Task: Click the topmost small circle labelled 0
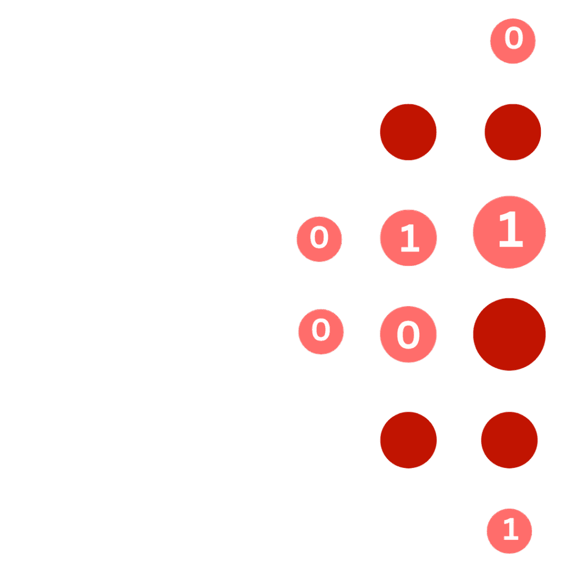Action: point(513,40)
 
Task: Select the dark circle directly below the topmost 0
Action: point(513,132)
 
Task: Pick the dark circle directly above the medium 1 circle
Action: point(408,132)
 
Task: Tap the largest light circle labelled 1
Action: point(509,232)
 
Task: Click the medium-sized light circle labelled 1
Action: point(409,238)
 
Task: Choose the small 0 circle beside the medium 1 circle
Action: point(320,239)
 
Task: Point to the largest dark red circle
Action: point(509,334)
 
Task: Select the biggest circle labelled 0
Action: point(408,335)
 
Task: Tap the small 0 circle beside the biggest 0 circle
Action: point(321,331)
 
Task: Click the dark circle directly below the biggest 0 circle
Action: point(409,440)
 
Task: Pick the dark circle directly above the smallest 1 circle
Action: point(509,440)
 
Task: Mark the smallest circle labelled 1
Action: point(510,531)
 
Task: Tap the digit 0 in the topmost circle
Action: point(514,39)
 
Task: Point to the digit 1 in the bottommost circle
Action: point(511,530)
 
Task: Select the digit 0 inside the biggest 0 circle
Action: point(408,335)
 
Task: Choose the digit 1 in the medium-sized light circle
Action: point(409,239)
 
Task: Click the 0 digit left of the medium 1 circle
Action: point(320,238)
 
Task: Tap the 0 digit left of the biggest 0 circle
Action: point(321,330)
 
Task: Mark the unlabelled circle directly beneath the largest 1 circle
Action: point(509,334)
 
